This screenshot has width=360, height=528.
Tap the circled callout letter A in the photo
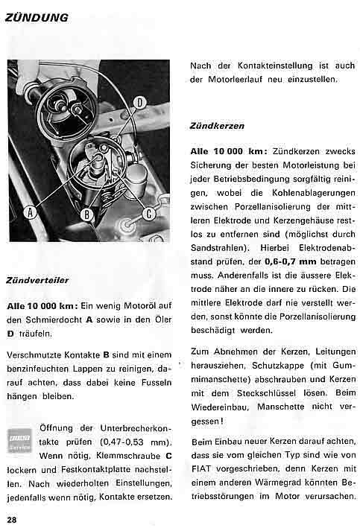tap(30, 212)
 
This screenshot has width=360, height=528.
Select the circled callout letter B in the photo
tap(87, 215)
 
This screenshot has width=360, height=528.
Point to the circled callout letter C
tap(148, 214)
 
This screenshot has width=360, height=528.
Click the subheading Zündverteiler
tap(37, 281)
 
